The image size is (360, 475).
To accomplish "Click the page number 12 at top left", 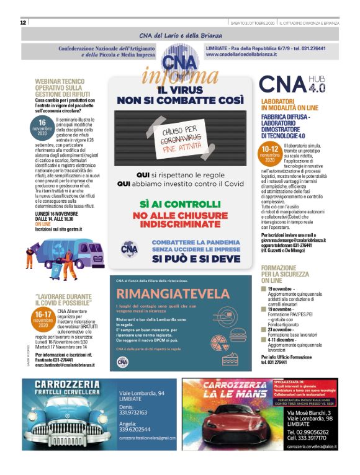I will pos(23,22).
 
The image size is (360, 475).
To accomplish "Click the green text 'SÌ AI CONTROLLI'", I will pos(180,203).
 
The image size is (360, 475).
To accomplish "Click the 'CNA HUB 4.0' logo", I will pos(291,85).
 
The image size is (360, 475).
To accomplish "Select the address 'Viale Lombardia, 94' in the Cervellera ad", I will pos(142,393).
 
